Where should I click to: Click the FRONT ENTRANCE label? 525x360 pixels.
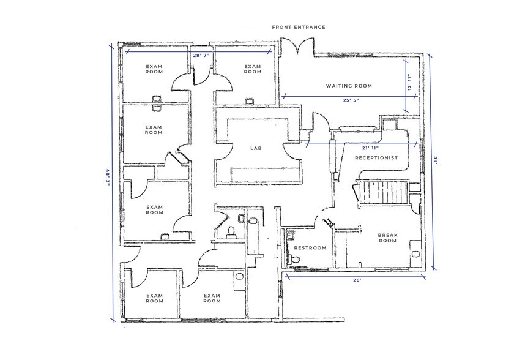click(299, 28)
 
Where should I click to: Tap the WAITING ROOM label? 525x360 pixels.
click(349, 86)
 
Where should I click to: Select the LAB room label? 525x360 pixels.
click(256, 149)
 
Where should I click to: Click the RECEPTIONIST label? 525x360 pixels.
click(377, 158)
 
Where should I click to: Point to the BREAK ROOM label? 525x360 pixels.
click(388, 238)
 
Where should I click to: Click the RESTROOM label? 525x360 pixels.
click(310, 248)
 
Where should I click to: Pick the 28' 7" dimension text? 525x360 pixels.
click(201, 55)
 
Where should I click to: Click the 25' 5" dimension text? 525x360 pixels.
click(351, 100)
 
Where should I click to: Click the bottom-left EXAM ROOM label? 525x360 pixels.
click(154, 298)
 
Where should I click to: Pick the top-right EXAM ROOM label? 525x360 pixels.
click(253, 69)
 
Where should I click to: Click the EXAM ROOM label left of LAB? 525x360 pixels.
click(154, 130)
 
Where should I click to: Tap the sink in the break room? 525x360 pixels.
click(415, 252)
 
